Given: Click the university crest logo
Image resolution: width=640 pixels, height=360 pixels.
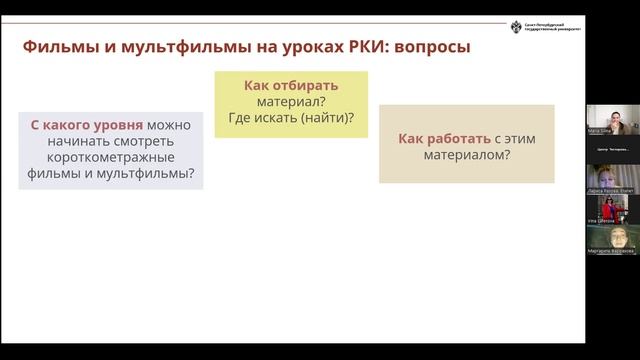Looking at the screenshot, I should pyautogui.click(x=517, y=27).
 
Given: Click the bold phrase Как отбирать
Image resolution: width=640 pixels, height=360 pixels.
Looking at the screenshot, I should pyautogui.click(x=291, y=86).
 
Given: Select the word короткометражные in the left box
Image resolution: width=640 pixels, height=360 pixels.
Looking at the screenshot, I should pyautogui.click(x=111, y=158).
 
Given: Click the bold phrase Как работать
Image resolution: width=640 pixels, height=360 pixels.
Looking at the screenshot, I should pyautogui.click(x=437, y=139).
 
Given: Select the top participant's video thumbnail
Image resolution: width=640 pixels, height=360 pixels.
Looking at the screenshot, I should pyautogui.click(x=612, y=116).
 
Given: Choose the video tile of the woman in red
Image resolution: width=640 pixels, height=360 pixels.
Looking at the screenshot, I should pyautogui.click(x=612, y=207).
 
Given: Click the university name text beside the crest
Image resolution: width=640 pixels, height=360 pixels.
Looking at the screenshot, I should pyautogui.click(x=554, y=27).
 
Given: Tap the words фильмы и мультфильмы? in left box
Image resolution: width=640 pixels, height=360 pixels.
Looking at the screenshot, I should pyautogui.click(x=111, y=174).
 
